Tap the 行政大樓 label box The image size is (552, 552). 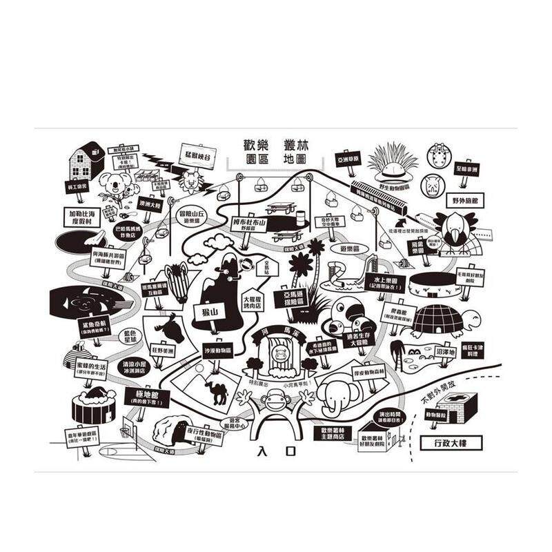pos(451,442)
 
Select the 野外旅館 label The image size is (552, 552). pos(465,201)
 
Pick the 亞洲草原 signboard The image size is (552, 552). pos(349,159)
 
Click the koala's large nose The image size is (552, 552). pos(110,184)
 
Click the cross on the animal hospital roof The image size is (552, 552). pos(451,401)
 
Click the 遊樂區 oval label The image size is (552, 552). pos(348,246)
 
